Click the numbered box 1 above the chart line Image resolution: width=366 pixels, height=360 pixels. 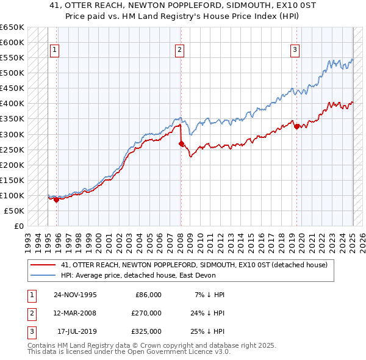55,51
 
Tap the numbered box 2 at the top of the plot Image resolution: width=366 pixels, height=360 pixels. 180,51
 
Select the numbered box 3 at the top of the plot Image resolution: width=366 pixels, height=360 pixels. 295,51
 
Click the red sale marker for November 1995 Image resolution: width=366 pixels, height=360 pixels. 56,199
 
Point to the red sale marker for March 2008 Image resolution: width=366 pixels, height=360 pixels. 181,143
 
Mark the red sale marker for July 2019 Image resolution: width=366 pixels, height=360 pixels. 296,126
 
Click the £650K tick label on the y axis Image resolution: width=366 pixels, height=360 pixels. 12,27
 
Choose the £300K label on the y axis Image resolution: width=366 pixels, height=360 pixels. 12,134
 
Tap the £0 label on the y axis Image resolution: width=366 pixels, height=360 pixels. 18,226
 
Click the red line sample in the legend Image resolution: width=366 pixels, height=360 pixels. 43,265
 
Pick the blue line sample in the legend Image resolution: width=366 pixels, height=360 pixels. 43,276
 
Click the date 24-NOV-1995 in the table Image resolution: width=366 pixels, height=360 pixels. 75,295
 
